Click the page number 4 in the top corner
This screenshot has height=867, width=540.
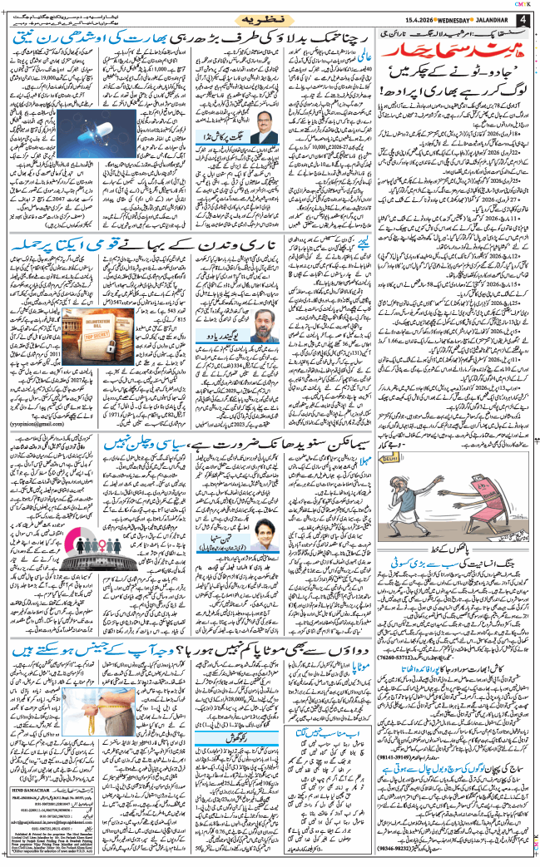(x=522, y=18)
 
